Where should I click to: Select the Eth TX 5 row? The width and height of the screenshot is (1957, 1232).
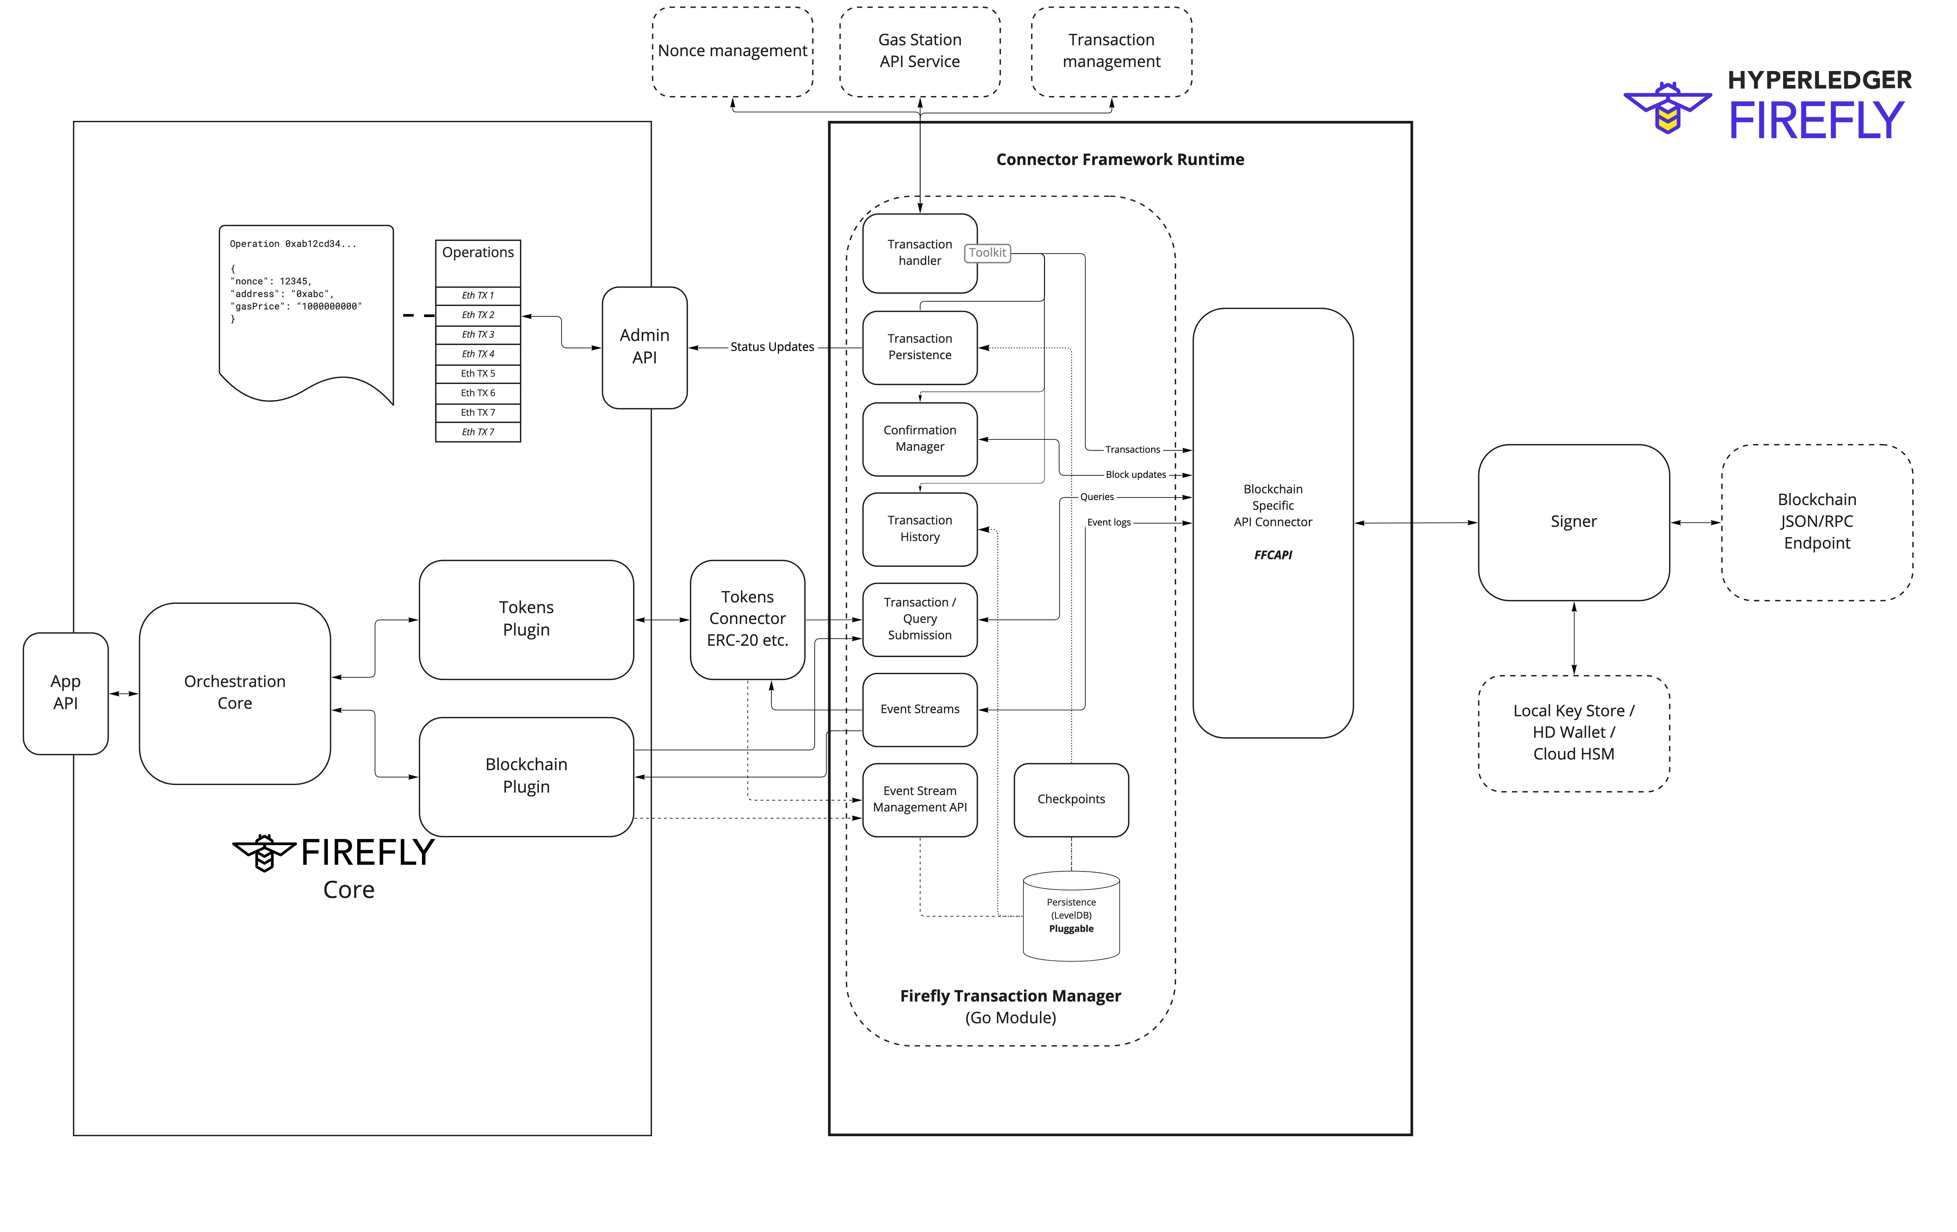pos(478,374)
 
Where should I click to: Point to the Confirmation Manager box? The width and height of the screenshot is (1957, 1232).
pos(919,439)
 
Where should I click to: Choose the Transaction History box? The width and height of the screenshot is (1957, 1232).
pos(919,529)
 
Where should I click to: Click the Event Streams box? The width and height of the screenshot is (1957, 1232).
pos(919,709)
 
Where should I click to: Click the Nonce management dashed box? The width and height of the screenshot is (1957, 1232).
pos(732,51)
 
